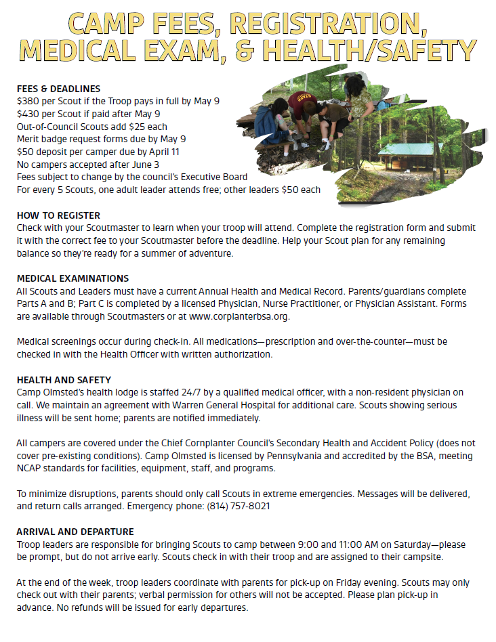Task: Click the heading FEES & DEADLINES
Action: click(58, 89)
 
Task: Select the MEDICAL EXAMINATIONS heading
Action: click(73, 278)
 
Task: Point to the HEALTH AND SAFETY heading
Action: click(64, 380)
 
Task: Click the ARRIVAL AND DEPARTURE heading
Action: click(75, 532)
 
